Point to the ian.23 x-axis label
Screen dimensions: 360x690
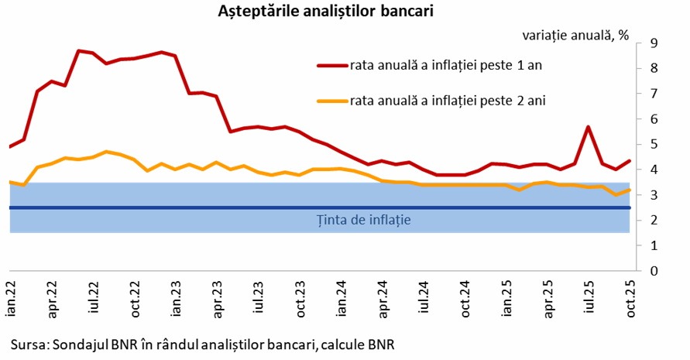(x=177, y=299)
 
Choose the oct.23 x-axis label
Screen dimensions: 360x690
(x=300, y=299)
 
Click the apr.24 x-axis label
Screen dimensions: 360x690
(x=383, y=299)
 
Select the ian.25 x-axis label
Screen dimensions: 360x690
(x=506, y=299)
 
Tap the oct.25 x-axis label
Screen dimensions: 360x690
(x=629, y=299)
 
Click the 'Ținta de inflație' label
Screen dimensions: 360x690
(x=363, y=220)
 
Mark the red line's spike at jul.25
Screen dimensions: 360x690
(x=589, y=127)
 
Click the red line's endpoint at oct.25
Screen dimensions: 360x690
(x=629, y=161)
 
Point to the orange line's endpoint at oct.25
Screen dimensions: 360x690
(x=629, y=190)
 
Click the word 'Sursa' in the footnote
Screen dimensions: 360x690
(x=27, y=343)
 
